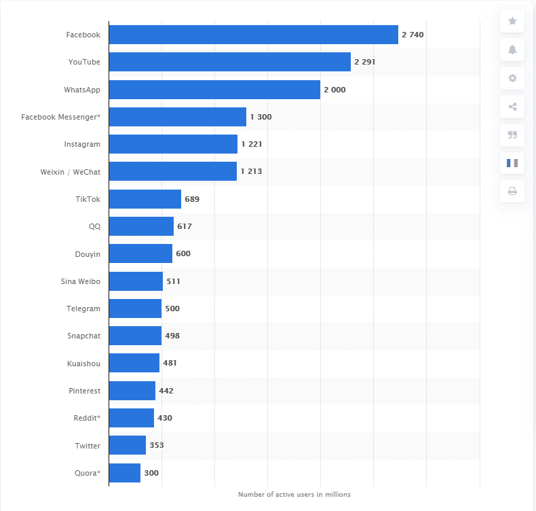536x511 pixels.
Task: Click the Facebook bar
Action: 253,35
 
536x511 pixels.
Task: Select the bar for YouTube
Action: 229,62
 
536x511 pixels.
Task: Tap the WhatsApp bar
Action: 214,90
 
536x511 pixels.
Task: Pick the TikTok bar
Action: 145,199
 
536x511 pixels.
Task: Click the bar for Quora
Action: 124,473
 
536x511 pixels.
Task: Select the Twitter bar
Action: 127,446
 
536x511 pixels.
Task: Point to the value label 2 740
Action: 413,35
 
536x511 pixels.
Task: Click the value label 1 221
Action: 251,144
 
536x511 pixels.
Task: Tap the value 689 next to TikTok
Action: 192,199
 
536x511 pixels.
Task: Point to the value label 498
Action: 172,336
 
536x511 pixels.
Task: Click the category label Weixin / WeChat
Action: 71,172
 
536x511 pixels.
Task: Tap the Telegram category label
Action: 83,309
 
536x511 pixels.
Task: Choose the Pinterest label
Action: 84,391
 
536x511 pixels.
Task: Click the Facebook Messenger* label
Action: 60,117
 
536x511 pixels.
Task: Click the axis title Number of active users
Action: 294,495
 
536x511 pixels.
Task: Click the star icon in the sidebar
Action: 512,21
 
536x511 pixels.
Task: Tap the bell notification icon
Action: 512,50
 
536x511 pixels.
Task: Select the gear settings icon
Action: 512,78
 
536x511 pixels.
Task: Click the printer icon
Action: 512,191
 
